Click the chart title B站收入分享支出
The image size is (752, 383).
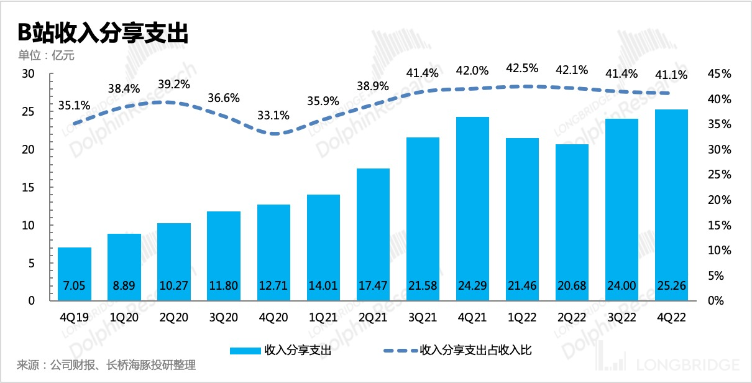pyautogui.click(x=103, y=33)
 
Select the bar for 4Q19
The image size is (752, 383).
pyautogui.click(x=75, y=274)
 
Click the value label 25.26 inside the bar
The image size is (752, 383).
pyautogui.click(x=672, y=287)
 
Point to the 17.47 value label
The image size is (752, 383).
pyautogui.click(x=373, y=287)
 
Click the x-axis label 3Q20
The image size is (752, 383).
pyautogui.click(x=224, y=316)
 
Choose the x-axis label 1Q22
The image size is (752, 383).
pyautogui.click(x=522, y=316)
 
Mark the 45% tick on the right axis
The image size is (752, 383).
pyautogui.click(x=720, y=74)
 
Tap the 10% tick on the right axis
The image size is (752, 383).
pyautogui.click(x=720, y=251)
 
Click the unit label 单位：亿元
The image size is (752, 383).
pyautogui.click(x=46, y=56)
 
